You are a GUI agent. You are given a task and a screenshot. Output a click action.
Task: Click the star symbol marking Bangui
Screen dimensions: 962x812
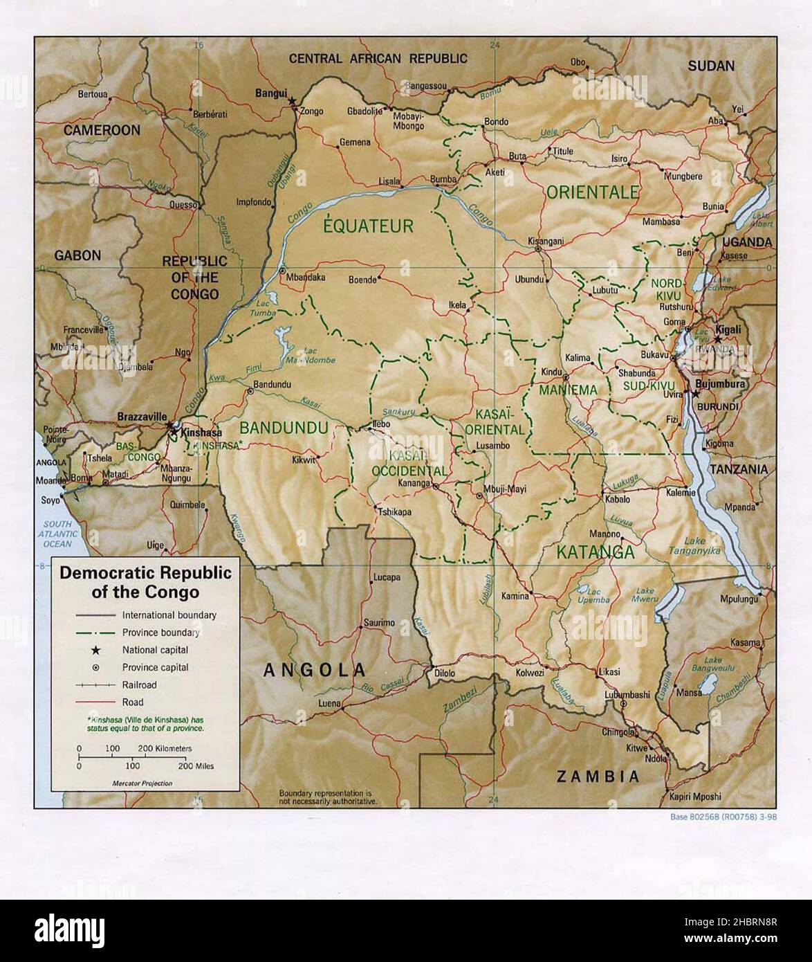point(293,101)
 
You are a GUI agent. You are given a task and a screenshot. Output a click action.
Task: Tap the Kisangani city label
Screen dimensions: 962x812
point(546,241)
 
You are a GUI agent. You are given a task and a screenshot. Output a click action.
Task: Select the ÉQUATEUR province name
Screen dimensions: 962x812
point(369,226)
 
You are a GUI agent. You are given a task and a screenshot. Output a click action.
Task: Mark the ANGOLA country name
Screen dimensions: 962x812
point(314,669)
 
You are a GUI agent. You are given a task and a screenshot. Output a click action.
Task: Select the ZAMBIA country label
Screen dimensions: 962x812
point(599,776)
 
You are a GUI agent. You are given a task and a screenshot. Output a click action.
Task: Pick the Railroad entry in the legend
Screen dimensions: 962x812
point(139,684)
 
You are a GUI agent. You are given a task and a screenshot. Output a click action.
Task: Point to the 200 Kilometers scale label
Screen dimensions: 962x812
point(164,748)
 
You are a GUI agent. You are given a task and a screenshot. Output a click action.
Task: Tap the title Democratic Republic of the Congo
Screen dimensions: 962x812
point(145,582)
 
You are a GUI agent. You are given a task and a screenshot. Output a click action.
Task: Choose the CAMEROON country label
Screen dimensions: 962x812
point(102,130)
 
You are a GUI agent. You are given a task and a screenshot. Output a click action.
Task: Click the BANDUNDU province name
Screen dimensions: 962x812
point(284,428)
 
